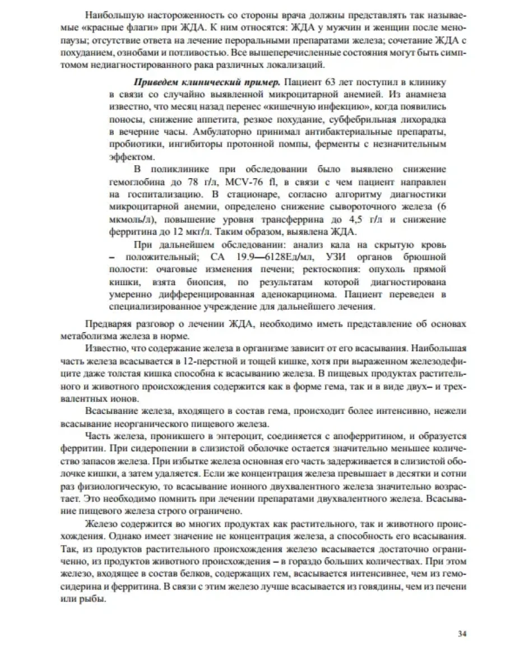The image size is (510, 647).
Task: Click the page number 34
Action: pyautogui.click(x=462, y=634)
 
